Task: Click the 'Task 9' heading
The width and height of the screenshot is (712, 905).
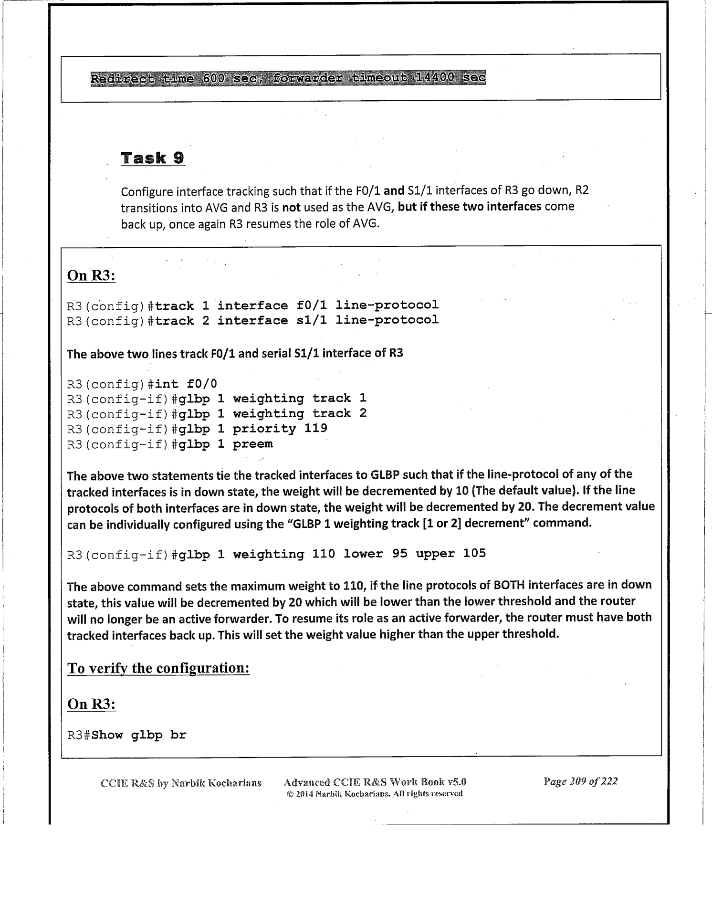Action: pos(152,158)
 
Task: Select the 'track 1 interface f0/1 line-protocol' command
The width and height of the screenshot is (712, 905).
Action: pos(296,305)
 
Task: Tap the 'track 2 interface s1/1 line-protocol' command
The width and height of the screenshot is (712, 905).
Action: pos(296,320)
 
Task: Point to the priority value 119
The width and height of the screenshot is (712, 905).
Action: pos(316,428)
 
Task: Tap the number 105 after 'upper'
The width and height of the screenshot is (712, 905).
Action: pos(474,554)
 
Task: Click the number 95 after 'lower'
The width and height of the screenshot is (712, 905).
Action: pos(400,554)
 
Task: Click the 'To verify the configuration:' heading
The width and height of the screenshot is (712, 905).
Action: pos(158,668)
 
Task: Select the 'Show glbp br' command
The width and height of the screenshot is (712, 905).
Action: pos(139,735)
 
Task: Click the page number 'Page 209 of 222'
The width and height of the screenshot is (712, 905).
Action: pos(580,781)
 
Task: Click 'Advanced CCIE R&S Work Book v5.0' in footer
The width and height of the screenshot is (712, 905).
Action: pos(375,782)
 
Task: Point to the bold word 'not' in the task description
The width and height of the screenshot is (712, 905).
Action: pos(291,208)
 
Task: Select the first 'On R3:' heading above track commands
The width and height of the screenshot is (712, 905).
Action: pos(91,276)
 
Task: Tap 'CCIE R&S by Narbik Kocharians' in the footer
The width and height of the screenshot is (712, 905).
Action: pos(181,783)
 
